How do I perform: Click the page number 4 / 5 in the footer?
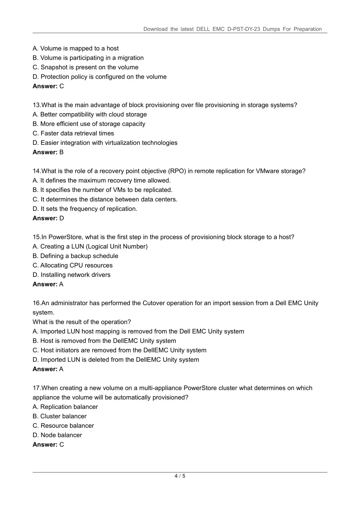coord(180,476)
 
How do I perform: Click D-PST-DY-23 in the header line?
coord(244,29)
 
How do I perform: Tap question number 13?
coord(37,105)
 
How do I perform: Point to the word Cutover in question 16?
coord(154,303)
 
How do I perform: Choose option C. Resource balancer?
coord(63,426)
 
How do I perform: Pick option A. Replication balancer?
coord(65,407)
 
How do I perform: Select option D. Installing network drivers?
coord(71,275)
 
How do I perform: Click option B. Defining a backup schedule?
coord(75,256)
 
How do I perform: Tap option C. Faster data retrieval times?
coord(73,133)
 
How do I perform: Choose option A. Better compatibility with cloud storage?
coord(90,114)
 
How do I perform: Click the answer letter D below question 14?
coord(62,218)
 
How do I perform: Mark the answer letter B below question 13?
coord(62,152)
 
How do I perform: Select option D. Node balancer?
coord(57,435)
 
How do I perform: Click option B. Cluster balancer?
coord(59,416)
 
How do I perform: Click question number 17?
coord(37,388)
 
